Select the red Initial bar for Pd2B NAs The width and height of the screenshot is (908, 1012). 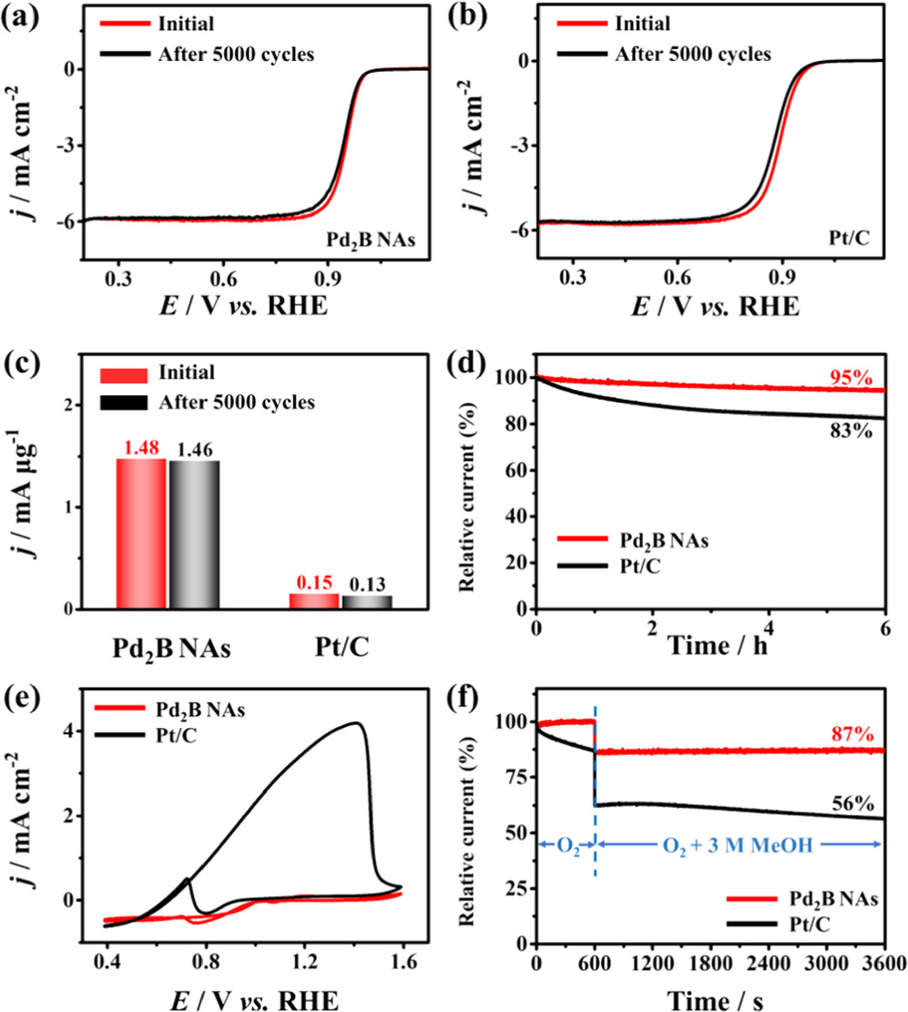click(x=141, y=534)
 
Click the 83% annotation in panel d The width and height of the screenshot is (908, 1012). click(x=854, y=431)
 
